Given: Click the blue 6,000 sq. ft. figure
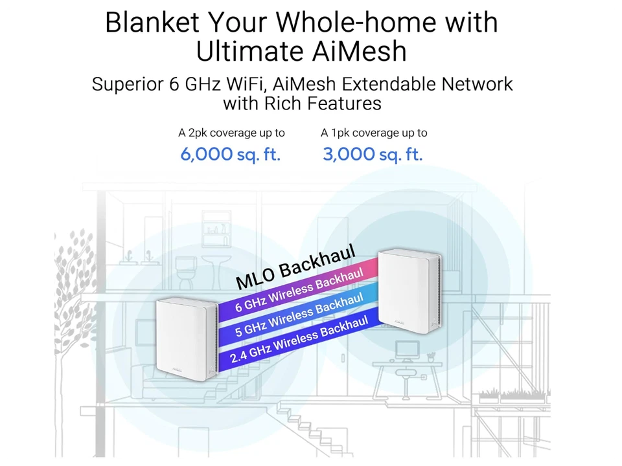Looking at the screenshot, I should (230, 154).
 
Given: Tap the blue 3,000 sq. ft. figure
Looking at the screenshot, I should (373, 154).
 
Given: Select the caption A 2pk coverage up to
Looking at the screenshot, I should (231, 133).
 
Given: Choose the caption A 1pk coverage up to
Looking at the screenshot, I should (374, 133).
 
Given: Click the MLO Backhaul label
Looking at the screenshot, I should (295, 267).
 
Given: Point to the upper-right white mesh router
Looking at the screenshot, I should (409, 291).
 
